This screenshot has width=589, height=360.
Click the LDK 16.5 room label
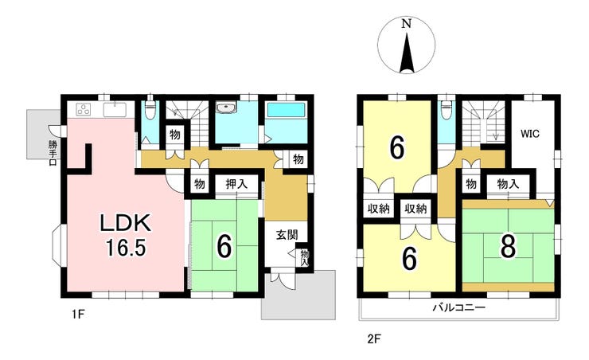click(126, 235)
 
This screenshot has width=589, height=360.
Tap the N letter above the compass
click(406, 24)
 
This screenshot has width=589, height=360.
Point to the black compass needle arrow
click(407, 53)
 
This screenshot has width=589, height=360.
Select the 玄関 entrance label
click(287, 235)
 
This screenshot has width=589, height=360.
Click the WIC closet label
click(530, 133)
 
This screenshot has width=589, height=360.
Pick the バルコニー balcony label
click(459, 308)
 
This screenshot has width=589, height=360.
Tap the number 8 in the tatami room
click(509, 247)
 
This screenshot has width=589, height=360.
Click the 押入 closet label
click(236, 184)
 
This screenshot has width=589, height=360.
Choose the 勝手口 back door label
click(53, 153)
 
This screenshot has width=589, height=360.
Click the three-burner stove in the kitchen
click(84, 109)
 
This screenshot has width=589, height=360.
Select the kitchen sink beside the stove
click(114, 110)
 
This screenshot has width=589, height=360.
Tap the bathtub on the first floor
click(285, 110)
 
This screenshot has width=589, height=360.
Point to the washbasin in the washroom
click(226, 107)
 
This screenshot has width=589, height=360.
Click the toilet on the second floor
click(447, 109)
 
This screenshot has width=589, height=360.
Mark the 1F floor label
click(77, 314)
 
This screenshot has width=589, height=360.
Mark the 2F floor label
click(374, 339)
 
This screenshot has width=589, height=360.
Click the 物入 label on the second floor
click(508, 184)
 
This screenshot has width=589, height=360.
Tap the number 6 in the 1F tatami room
click(224, 247)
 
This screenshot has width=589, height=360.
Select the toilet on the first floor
click(150, 110)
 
